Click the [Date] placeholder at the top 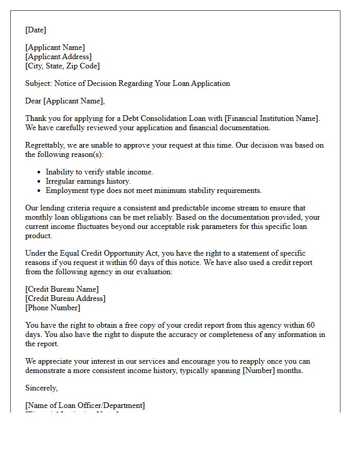coord(35,30)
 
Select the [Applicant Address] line coord(58,57)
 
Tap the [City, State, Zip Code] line coord(62,66)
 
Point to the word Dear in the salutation coord(33,101)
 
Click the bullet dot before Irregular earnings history coord(40,182)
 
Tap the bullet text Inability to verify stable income coord(99,172)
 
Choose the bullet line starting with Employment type coord(153,190)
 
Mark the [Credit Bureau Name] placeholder coord(62,289)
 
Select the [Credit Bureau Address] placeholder coord(65,298)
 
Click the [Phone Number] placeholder coord(52,308)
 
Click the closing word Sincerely coord(41,388)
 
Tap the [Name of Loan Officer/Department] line coord(85,405)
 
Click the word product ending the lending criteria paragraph coord(39,236)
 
